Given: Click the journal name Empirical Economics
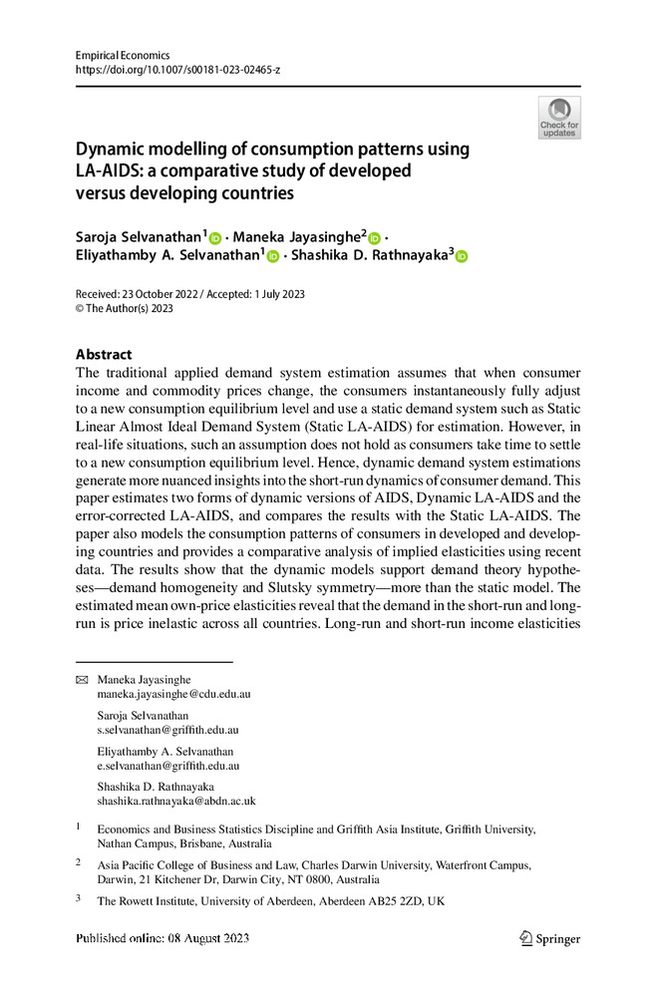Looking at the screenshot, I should click(123, 56).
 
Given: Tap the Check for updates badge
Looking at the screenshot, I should click(559, 118).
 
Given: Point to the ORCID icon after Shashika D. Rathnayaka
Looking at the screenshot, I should click(461, 257).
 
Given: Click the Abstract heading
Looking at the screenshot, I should click(104, 354).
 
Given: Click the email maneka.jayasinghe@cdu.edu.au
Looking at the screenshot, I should click(173, 694).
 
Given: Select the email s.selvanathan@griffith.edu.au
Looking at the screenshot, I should click(167, 730).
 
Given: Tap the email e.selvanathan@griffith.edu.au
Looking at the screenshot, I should click(167, 766).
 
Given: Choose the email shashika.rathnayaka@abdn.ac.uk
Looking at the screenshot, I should click(176, 801).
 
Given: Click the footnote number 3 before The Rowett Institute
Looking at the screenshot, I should click(80, 898).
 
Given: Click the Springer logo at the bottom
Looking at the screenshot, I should click(549, 938).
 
